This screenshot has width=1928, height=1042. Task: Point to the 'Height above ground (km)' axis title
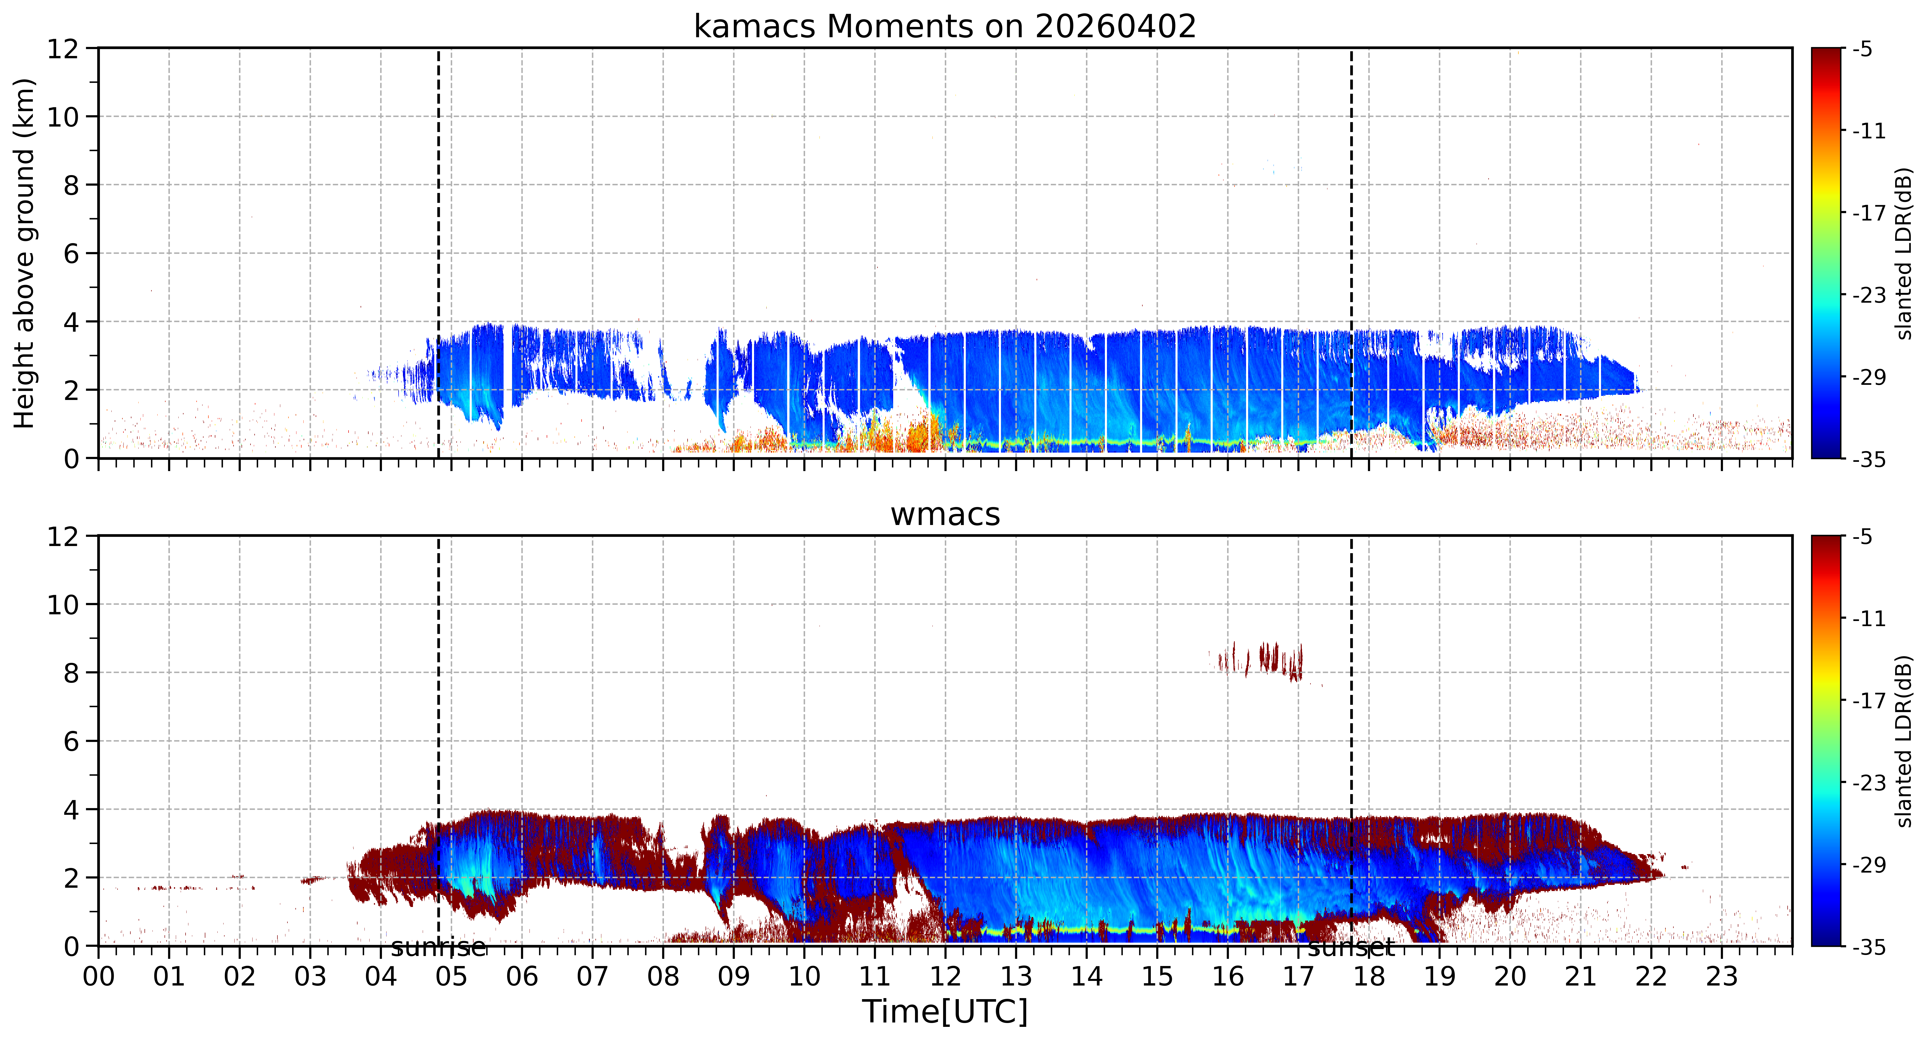(25, 253)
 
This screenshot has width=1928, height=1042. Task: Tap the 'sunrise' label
(439, 948)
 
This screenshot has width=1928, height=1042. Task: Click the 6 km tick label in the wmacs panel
(71, 741)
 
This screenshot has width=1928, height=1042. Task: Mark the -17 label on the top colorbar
(1869, 213)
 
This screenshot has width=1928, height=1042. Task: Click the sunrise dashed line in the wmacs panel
(439, 741)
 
